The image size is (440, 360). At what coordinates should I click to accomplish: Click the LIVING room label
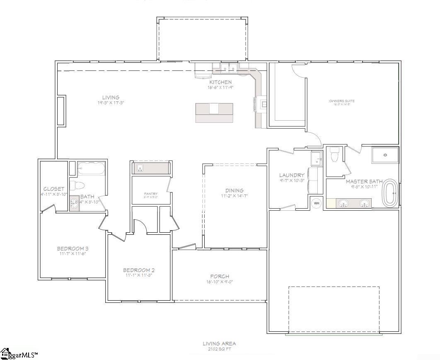pos(111,97)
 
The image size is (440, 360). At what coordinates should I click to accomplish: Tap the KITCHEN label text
pos(220,82)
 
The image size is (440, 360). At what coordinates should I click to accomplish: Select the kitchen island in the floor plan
pos(214,112)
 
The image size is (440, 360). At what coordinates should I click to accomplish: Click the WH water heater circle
pos(316,203)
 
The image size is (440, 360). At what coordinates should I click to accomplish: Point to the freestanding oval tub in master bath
pos(391,193)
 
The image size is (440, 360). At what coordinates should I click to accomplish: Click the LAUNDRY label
pos(292,175)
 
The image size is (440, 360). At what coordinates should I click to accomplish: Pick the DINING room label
pos(234,190)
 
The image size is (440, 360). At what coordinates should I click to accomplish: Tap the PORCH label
pos(220,276)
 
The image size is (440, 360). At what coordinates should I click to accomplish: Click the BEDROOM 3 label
pos(73,248)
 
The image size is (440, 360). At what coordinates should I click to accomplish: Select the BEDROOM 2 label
pos(139,270)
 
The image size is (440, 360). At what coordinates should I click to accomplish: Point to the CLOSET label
pos(54,189)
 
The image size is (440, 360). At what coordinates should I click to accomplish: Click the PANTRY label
pos(151,193)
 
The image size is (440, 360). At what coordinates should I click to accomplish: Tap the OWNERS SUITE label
pos(342,101)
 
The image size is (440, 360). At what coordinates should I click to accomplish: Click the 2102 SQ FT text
pos(219,349)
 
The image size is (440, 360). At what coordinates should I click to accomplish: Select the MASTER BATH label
pos(364,181)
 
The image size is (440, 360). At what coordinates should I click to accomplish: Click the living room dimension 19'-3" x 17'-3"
pos(111,102)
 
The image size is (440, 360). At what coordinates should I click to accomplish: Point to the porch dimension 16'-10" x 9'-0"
pos(220,282)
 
